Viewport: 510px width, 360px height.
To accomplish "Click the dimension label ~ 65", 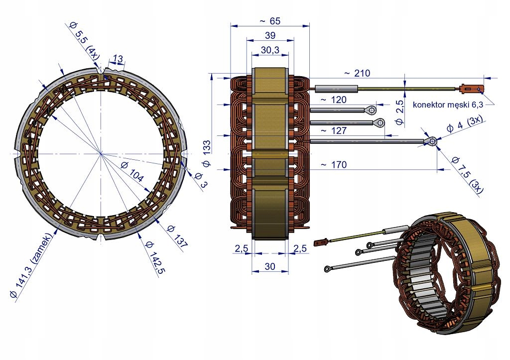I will coord(269,21).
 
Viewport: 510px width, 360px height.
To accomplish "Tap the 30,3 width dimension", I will coord(269,50).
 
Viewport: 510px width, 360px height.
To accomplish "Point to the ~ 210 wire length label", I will coord(357,73).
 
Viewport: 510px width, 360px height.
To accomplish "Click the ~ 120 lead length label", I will coord(333,100).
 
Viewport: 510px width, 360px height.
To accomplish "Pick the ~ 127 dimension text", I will coord(333,131).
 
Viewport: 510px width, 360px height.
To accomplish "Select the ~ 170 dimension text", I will coord(333,164).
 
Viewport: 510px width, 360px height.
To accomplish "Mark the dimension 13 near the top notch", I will coord(118,59).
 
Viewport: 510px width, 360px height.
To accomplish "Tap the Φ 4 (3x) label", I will coord(464,122).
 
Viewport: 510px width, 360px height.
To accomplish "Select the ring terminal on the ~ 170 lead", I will coord(431,142).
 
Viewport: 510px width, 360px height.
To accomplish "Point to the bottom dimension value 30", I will coord(269,266).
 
